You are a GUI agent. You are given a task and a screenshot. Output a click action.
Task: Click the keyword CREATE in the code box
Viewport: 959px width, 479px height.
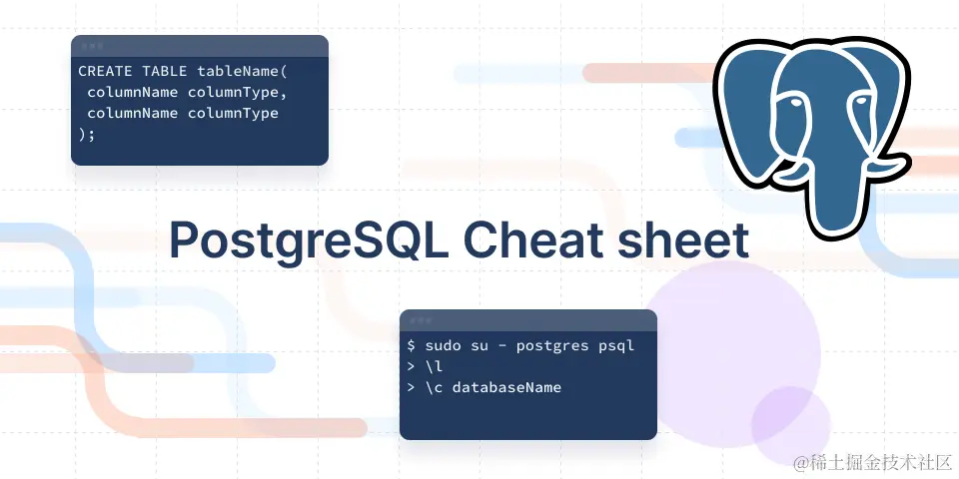click(x=105, y=72)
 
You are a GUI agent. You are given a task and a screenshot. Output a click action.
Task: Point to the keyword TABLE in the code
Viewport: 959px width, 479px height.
click(x=164, y=72)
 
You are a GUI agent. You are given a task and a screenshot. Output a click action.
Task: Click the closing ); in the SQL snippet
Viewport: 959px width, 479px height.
click(x=87, y=135)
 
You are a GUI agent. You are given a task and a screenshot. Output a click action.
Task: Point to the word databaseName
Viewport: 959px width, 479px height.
click(x=506, y=387)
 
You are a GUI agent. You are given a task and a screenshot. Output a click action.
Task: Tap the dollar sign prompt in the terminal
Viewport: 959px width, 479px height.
click(x=412, y=345)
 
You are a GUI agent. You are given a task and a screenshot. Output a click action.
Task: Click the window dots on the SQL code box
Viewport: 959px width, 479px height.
click(x=91, y=46)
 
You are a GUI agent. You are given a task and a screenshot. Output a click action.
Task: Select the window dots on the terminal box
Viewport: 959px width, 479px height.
click(x=420, y=320)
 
